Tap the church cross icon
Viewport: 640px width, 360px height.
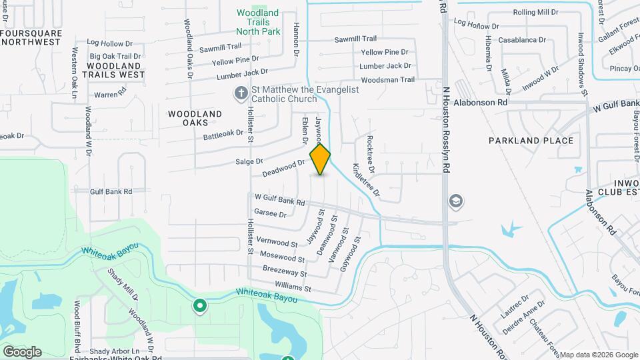coord(240,94)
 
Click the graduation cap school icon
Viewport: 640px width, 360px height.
coord(456,201)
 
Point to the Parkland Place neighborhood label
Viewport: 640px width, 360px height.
coord(531,141)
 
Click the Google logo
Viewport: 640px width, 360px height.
coord(22,351)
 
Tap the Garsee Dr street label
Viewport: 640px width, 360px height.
coord(270,214)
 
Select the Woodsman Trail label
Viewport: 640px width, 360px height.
coord(387,79)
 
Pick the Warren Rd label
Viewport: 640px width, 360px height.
coord(110,94)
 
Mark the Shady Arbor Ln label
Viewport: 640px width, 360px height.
coord(115,351)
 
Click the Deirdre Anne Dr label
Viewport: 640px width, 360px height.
coord(524,316)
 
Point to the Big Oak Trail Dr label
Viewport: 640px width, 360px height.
coord(115,57)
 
